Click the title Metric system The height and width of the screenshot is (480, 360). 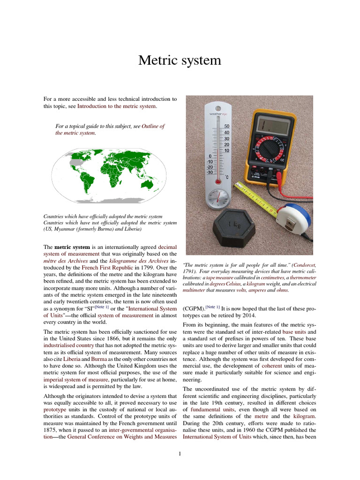[180, 61]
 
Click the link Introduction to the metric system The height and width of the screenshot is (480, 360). [117, 106]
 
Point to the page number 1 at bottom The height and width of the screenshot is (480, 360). [180, 453]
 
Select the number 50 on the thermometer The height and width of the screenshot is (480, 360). [226, 127]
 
